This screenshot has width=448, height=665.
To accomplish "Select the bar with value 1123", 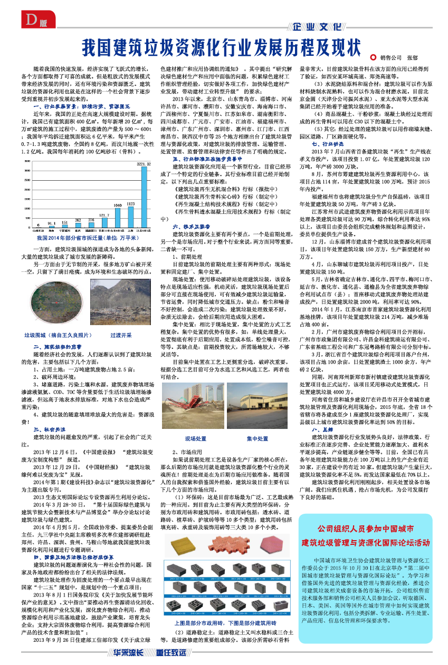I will tap(130, 217).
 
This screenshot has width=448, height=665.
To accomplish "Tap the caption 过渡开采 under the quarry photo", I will tap(121, 335).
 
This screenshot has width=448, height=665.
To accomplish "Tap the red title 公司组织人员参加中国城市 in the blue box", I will tap(369, 528).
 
